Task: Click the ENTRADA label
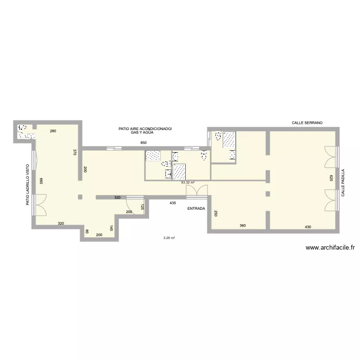point(196,209)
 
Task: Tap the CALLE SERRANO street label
point(307,123)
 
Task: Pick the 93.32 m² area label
point(188,182)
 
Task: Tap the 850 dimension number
point(143,143)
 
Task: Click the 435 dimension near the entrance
point(172,203)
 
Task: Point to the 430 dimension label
point(308,226)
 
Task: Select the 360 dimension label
point(243,226)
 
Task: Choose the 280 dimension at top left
point(53,131)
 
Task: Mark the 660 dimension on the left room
point(41,181)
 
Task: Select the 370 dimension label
point(75,152)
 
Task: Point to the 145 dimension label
point(111,228)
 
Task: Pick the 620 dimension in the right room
point(331,177)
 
